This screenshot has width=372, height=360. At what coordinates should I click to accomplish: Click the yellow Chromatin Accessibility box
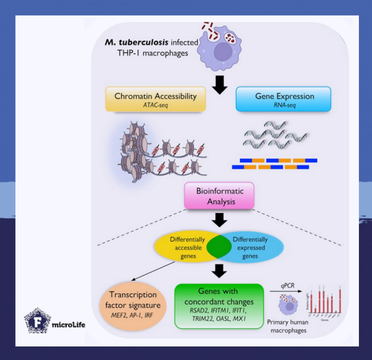tap(155, 99)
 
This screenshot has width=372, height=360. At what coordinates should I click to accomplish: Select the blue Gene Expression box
tap(284, 99)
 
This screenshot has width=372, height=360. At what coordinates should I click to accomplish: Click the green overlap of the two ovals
tap(219, 247)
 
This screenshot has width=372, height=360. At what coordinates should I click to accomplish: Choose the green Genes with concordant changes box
tap(219, 306)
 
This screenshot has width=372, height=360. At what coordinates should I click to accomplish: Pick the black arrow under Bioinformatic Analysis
tap(220, 220)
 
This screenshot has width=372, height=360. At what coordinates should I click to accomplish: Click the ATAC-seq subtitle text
tap(155, 105)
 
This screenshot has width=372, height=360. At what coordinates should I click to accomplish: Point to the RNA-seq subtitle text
tap(284, 105)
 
